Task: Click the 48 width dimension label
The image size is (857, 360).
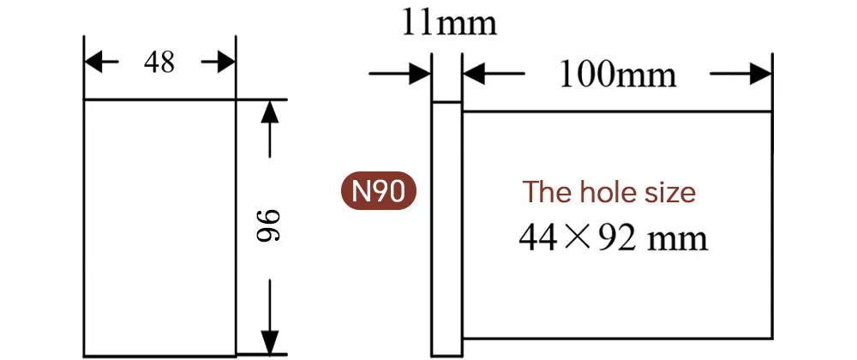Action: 159,62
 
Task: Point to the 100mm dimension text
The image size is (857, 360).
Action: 617,75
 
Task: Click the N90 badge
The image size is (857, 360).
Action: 379,191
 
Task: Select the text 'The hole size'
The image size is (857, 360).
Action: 609,192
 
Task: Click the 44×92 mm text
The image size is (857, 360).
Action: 613,237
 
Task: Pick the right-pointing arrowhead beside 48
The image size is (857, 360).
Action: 225,62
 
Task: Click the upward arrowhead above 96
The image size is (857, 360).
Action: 270,110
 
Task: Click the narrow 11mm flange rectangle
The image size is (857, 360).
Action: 446,227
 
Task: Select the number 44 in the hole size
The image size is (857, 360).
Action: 538,237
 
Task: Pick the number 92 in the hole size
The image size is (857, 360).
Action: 614,237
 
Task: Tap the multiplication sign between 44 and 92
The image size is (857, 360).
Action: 577,237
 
